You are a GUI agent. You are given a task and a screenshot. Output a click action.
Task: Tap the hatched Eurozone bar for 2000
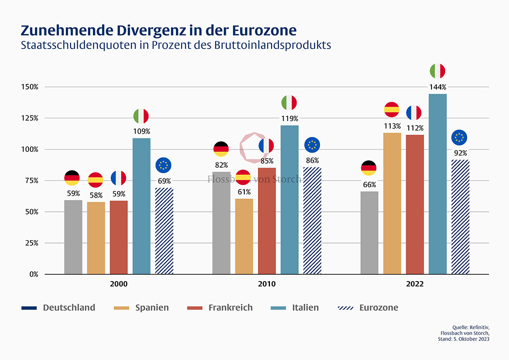pos(164,231)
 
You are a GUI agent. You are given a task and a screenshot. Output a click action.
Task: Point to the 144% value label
pos(437,87)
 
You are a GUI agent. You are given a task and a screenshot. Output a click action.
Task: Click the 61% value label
pos(244,192)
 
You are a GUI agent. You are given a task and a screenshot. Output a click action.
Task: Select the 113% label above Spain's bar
pos(392,126)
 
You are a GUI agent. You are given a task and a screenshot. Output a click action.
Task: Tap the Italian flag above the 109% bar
pos(141,116)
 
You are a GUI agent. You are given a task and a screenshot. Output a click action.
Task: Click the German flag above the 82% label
pos(221,149)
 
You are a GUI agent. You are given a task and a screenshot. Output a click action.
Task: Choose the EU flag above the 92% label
pos(460,137)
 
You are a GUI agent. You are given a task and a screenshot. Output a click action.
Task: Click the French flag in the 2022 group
pos(414,112)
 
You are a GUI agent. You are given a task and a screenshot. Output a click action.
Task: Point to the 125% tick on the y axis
pos(29,118)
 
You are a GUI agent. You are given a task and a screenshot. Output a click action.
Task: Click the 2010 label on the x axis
pos(267,284)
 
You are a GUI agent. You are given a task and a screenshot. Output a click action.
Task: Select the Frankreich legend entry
pos(230,307)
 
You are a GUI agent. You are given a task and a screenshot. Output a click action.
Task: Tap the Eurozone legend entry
pos(378,307)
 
